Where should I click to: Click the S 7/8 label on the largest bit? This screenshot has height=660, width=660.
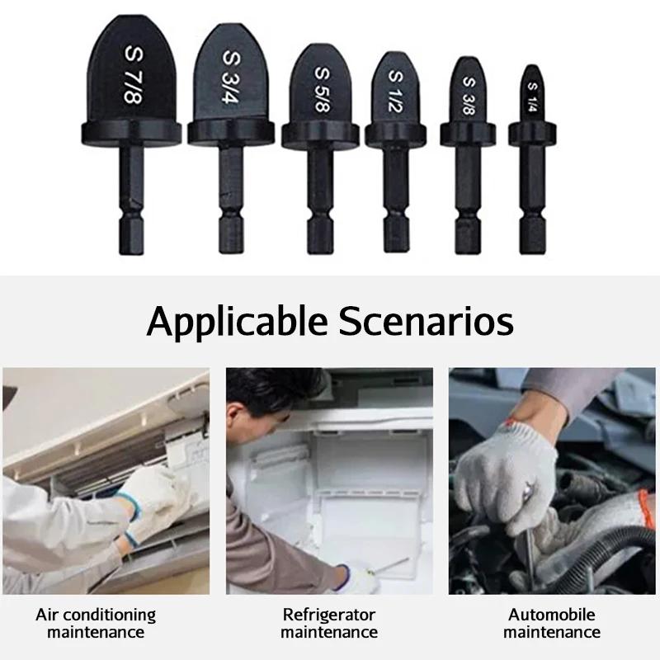133,74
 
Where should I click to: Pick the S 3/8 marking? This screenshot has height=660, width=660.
468,96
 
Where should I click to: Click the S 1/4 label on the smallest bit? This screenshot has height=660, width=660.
532,97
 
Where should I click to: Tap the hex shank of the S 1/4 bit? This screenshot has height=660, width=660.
532,198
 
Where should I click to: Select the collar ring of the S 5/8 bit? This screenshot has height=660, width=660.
320,134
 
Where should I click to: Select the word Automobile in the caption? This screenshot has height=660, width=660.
552,615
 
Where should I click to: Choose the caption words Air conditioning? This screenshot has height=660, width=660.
96,615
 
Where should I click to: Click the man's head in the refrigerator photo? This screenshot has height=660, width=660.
264,396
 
